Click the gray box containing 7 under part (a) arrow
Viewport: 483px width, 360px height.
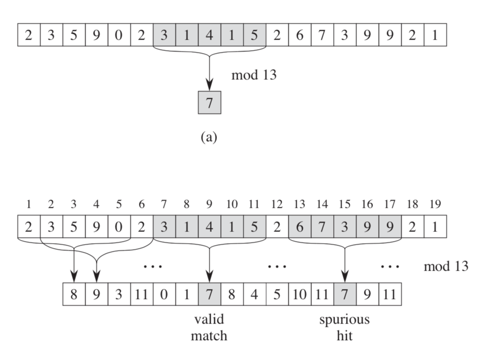tap(209, 103)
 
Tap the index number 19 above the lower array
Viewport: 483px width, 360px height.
tap(435, 205)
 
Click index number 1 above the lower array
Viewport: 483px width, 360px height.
tap(29, 205)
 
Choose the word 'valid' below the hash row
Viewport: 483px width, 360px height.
tap(209, 319)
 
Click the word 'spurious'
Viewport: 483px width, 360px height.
tap(345, 319)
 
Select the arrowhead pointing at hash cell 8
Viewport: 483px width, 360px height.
tap(74, 275)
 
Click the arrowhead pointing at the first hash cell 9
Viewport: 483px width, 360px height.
tap(96, 275)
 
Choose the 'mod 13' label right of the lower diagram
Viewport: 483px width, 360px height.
tap(446, 266)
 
